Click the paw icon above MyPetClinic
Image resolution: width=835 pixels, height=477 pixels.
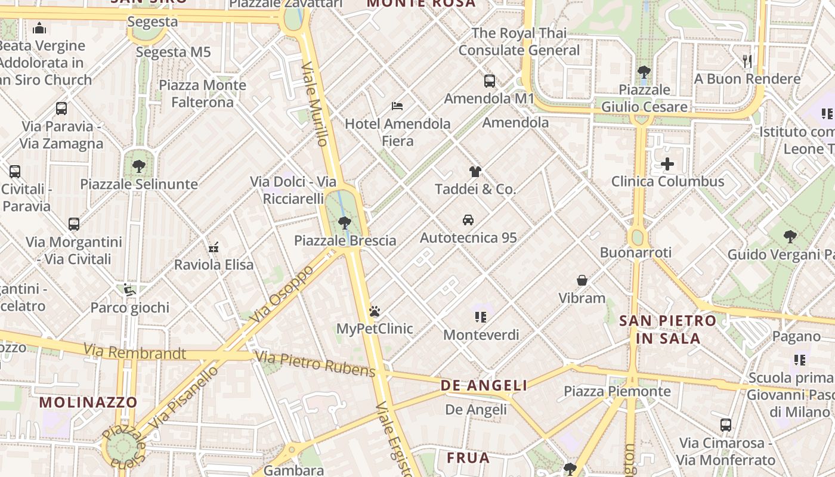pos(375,311)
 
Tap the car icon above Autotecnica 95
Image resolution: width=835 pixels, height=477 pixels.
pos(468,220)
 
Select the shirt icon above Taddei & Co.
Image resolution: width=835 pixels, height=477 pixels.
pos(475,172)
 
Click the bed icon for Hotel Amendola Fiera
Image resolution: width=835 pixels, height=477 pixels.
pos(397,106)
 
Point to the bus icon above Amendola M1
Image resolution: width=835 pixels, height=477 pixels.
pos(489,80)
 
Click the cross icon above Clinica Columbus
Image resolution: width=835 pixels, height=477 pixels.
pos(667,164)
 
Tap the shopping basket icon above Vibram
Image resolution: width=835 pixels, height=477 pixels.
pos(582,280)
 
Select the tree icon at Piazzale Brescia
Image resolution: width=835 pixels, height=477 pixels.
pos(344,223)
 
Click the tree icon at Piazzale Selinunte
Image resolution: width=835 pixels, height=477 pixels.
pos(139,166)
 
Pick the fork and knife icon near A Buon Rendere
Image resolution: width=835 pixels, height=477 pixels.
pos(747,61)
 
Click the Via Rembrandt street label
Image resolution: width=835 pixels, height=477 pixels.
pos(134,352)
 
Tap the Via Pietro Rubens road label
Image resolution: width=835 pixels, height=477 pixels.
pos(316,364)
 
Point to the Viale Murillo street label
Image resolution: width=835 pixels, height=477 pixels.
pos(315,104)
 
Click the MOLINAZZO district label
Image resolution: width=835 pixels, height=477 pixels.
pos(88,402)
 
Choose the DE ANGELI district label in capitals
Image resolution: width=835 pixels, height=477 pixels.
pos(484,386)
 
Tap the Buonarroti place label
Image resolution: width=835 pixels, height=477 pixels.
pos(636,252)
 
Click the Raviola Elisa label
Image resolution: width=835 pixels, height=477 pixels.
pos(214,265)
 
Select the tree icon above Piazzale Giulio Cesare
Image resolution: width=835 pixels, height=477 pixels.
pos(644,72)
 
